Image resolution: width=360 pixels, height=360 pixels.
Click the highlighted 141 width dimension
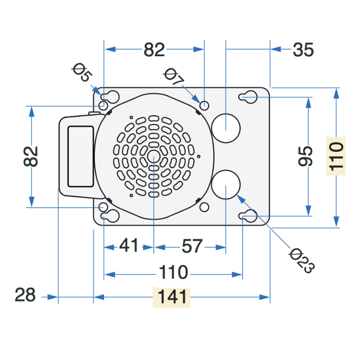click(171, 297)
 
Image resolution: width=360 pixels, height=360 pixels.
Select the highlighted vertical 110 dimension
click(336, 156)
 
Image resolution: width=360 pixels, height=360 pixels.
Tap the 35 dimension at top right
click(303, 49)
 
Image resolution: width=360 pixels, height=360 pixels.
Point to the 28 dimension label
click(25, 295)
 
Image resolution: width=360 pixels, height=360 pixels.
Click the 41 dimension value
click(129, 245)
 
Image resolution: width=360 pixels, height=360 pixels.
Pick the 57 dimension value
click(192, 246)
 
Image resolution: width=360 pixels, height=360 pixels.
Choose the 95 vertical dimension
click(306, 156)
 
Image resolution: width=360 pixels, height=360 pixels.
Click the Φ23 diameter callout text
click(302, 261)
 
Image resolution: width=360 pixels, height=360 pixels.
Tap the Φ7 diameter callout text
click(174, 76)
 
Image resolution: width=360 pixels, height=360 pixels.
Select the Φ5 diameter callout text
click(82, 72)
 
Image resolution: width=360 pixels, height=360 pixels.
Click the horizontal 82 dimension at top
click(154, 49)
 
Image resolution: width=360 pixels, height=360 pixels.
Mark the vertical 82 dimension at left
click(31, 156)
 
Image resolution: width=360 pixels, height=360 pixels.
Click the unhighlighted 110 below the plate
click(173, 272)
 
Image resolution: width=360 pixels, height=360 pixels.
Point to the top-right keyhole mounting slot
click(248, 97)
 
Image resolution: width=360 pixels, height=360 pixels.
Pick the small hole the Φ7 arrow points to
click(204, 106)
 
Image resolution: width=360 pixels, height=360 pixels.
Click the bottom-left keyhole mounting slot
click(110, 216)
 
